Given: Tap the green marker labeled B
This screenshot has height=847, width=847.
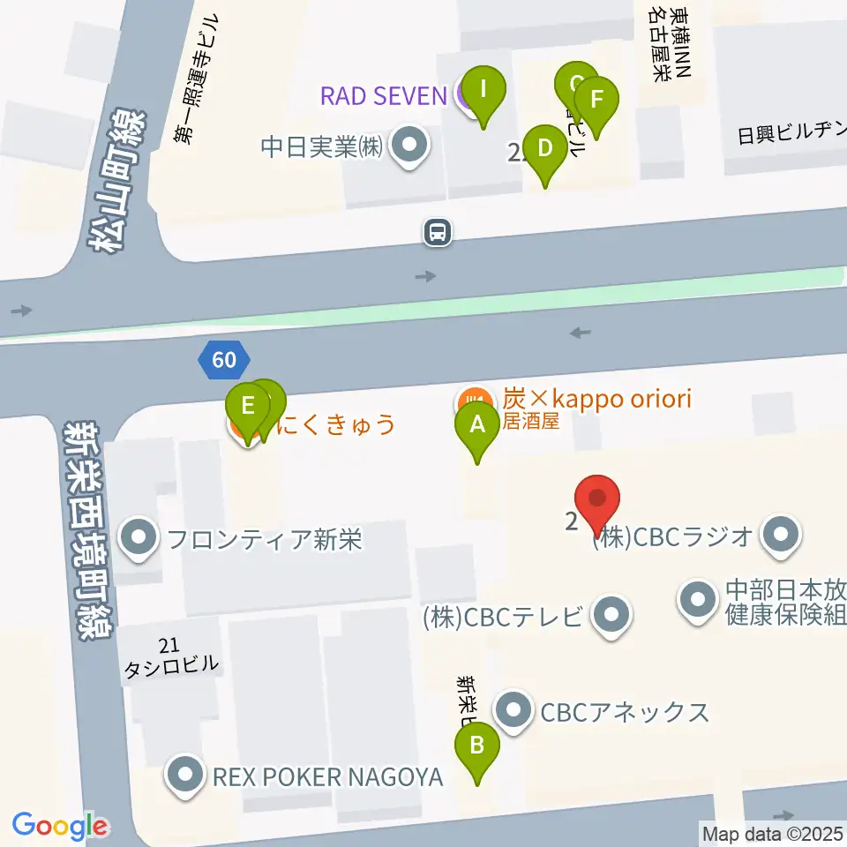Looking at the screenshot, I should [477, 746].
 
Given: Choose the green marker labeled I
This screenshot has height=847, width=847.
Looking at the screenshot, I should [483, 90].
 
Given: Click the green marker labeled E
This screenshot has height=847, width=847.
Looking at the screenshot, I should [248, 408].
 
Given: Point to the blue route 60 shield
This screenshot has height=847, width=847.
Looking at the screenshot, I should [224, 360].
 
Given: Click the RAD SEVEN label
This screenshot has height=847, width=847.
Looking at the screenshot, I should [383, 95].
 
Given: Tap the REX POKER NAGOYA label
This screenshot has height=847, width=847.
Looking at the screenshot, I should [327, 776].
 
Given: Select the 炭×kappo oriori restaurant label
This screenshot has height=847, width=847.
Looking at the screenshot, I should [596, 398].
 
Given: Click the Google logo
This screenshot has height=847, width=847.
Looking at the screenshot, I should [60, 826].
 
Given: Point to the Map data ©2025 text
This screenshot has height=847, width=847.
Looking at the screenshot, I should [772, 833].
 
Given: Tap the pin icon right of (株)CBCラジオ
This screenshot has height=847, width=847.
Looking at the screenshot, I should [782, 535].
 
